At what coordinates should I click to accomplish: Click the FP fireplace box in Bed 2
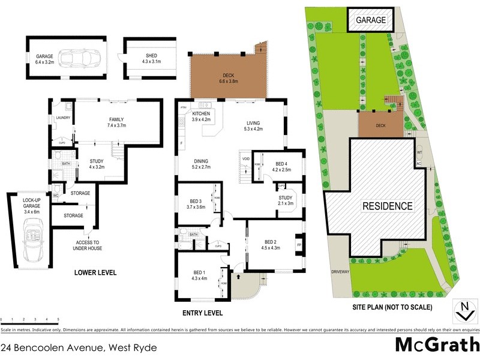299,245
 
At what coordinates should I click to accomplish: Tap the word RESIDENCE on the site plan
387,206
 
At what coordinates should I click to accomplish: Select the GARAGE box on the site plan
371,20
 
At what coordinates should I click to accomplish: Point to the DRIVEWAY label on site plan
340,272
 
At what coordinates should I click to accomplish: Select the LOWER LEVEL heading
95,273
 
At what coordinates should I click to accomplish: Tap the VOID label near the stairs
245,159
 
